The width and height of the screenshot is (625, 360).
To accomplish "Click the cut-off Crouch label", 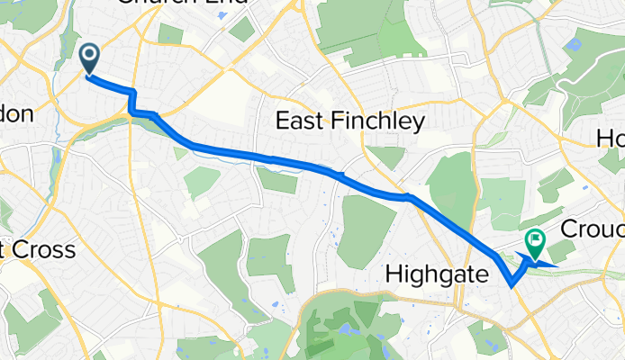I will coord(593,228).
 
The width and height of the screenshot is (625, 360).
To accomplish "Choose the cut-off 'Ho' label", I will coord(611,137).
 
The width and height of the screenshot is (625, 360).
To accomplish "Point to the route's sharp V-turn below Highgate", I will coord(512,286).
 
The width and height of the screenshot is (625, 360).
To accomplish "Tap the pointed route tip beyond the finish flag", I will coord(557,265).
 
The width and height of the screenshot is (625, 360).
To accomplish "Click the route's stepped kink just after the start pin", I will coord(132,101).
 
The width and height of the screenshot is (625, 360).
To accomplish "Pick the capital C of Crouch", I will coord(570,228).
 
